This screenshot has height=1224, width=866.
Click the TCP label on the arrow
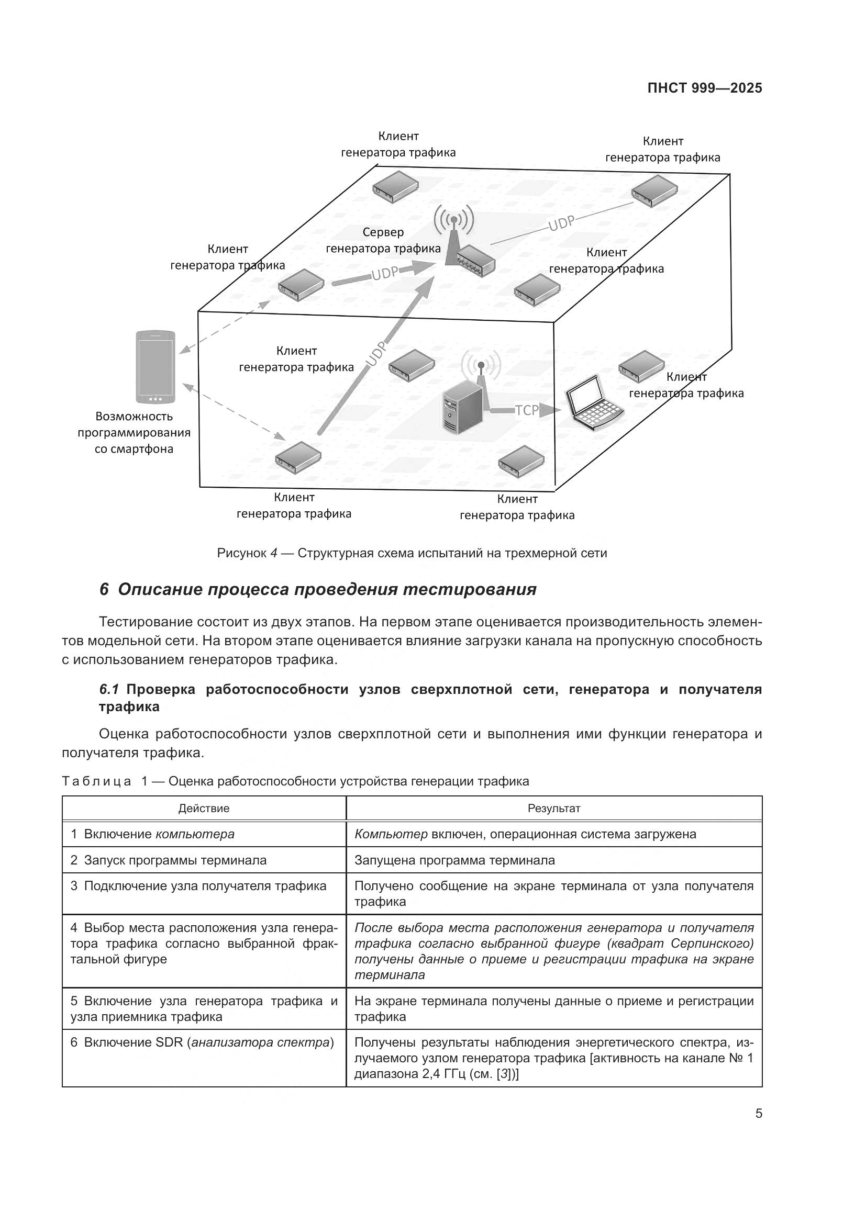[x=526, y=410]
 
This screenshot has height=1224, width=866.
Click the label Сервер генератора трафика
[x=383, y=240]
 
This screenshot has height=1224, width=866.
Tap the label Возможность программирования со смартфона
[x=134, y=432]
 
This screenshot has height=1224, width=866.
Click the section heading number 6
[x=105, y=590]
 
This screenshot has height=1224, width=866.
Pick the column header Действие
[x=204, y=808]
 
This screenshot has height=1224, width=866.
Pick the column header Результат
[x=553, y=808]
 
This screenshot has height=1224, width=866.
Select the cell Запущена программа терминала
[x=454, y=860]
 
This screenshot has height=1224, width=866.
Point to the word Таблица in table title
[x=96, y=781]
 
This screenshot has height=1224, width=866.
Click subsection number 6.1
[x=109, y=689]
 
